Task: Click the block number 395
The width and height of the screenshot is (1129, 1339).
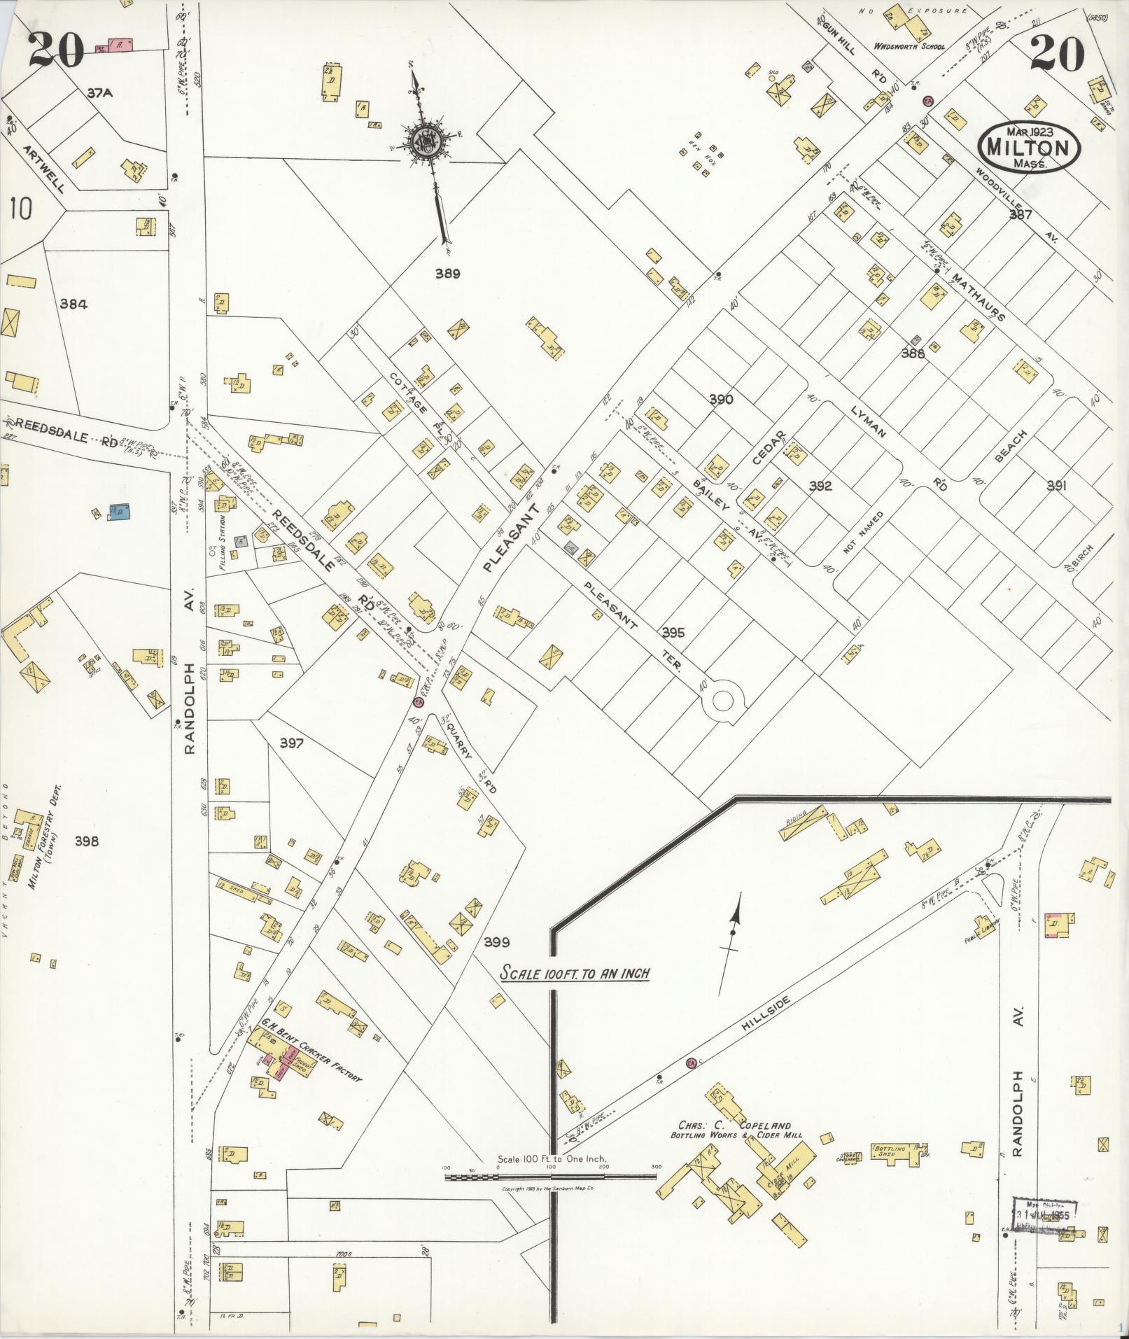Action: click(673, 633)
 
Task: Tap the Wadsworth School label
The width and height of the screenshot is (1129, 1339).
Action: click(909, 47)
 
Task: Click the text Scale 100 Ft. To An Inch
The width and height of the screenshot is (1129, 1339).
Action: click(575, 974)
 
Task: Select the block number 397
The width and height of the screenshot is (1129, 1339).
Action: click(291, 743)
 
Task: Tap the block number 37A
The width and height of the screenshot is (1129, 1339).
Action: click(101, 92)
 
